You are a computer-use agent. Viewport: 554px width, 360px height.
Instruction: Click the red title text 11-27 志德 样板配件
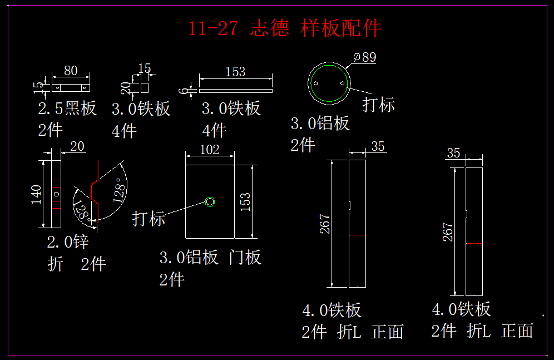[x=284, y=28]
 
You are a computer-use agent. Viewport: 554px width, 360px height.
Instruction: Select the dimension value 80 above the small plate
[x=71, y=71]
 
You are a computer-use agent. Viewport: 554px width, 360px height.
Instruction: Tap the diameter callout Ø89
[x=365, y=57]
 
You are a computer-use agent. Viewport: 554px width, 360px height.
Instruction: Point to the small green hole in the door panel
[x=210, y=201]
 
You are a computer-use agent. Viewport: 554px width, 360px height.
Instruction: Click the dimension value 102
[x=209, y=149]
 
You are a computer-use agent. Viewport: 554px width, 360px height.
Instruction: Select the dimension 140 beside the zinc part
[x=36, y=194]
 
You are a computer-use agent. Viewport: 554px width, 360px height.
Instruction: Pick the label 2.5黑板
[x=67, y=108]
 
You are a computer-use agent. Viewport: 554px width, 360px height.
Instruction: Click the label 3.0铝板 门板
[x=210, y=258]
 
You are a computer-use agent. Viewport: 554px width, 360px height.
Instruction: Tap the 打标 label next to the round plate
[x=379, y=104]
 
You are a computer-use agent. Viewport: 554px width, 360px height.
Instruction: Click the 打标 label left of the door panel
[x=149, y=219]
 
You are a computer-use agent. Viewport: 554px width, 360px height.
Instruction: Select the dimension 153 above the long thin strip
[x=235, y=72]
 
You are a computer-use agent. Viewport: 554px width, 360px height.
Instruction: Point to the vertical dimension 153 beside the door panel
[x=245, y=201]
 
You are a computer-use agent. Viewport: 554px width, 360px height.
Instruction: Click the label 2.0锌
[x=68, y=242]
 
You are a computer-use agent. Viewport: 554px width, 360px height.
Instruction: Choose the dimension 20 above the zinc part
[x=77, y=146]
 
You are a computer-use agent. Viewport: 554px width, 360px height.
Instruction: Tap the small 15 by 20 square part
[x=145, y=88]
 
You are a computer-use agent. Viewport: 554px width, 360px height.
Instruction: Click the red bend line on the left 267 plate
[x=358, y=235]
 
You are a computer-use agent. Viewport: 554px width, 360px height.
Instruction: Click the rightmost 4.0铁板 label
[x=461, y=309]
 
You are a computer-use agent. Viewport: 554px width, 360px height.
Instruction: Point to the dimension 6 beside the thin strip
[x=184, y=90]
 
